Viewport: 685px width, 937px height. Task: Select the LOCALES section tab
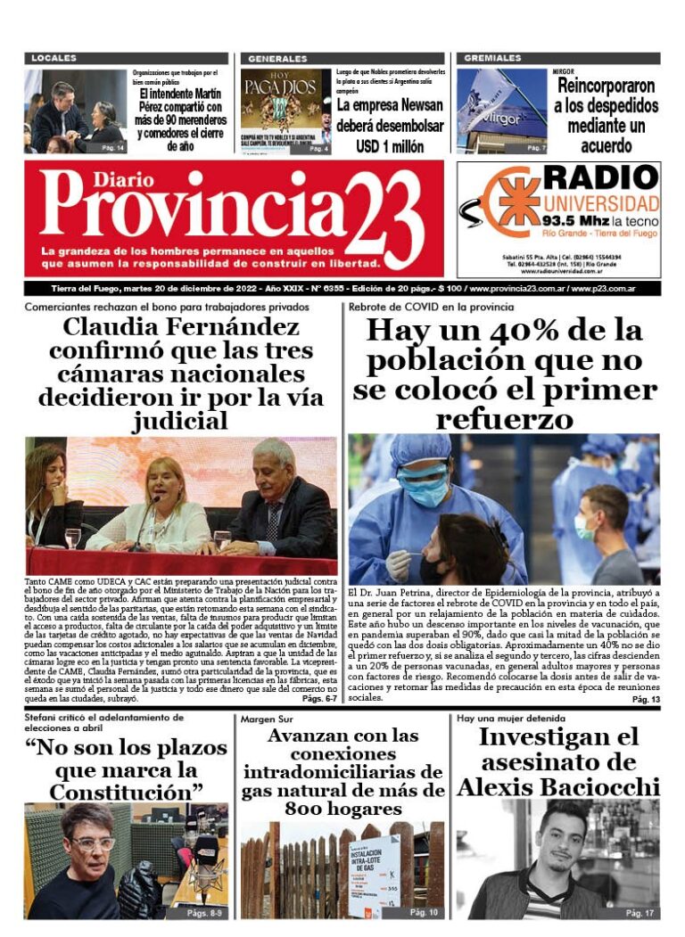(x=55, y=58)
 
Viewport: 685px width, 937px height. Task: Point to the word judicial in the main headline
(x=182, y=419)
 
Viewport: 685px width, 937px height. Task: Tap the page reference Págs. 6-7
(x=318, y=699)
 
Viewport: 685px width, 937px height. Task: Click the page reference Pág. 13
(x=645, y=700)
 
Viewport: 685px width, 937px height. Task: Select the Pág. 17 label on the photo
(x=640, y=913)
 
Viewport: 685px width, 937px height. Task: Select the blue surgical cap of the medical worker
(x=421, y=450)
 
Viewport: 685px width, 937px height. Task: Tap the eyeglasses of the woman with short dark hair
(x=93, y=842)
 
